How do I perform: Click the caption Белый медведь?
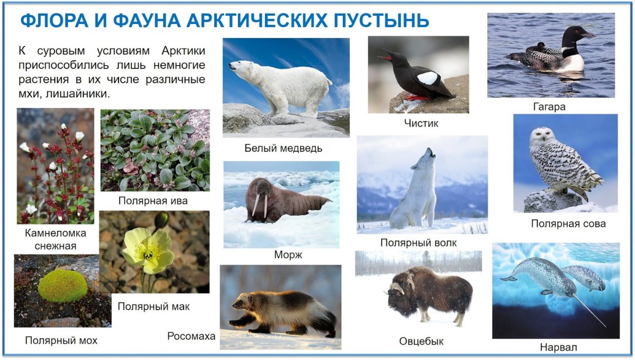click(x=283, y=148)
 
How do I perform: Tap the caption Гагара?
click(x=549, y=107)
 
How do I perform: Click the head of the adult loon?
click(x=574, y=34)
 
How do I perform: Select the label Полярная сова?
click(x=568, y=224)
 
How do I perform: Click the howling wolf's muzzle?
click(x=431, y=153)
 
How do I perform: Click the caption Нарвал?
click(x=558, y=348)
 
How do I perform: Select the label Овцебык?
click(x=421, y=341)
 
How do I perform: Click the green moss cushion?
click(x=62, y=286)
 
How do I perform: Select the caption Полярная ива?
click(x=153, y=201)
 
